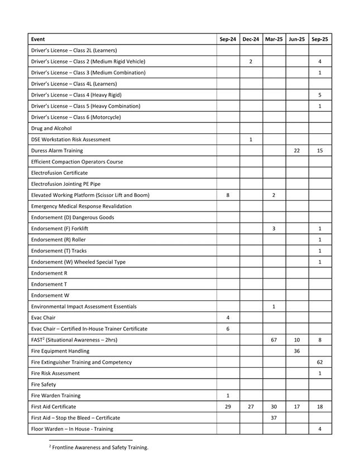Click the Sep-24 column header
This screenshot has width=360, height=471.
pyautogui.click(x=228, y=39)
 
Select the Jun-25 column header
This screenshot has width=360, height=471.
pyautogui.click(x=297, y=39)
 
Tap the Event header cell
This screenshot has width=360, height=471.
pyautogui.click(x=39, y=39)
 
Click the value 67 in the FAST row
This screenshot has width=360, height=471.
pyautogui.click(x=274, y=340)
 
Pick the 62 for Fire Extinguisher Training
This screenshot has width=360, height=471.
pyautogui.click(x=320, y=362)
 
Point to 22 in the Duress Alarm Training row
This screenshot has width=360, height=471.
pyautogui.click(x=297, y=150)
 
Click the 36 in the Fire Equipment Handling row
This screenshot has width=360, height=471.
pyautogui.click(x=297, y=351)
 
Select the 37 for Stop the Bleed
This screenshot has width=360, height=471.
pyautogui.click(x=274, y=418)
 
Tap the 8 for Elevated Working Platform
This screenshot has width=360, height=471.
pyautogui.click(x=228, y=195)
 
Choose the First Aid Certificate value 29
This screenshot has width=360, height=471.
pyautogui.click(x=228, y=407)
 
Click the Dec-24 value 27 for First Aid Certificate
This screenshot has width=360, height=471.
pyautogui.click(x=251, y=407)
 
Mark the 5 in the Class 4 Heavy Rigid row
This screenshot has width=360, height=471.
pyautogui.click(x=320, y=95)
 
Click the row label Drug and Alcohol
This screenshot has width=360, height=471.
pyautogui.click(x=51, y=128)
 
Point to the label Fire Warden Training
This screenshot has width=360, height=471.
pyautogui.click(x=56, y=396)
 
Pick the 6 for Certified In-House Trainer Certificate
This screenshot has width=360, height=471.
pyautogui.click(x=228, y=329)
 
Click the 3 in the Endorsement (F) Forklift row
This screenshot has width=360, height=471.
pyautogui.click(x=274, y=228)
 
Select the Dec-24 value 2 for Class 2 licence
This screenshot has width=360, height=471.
pyautogui.click(x=251, y=61)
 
